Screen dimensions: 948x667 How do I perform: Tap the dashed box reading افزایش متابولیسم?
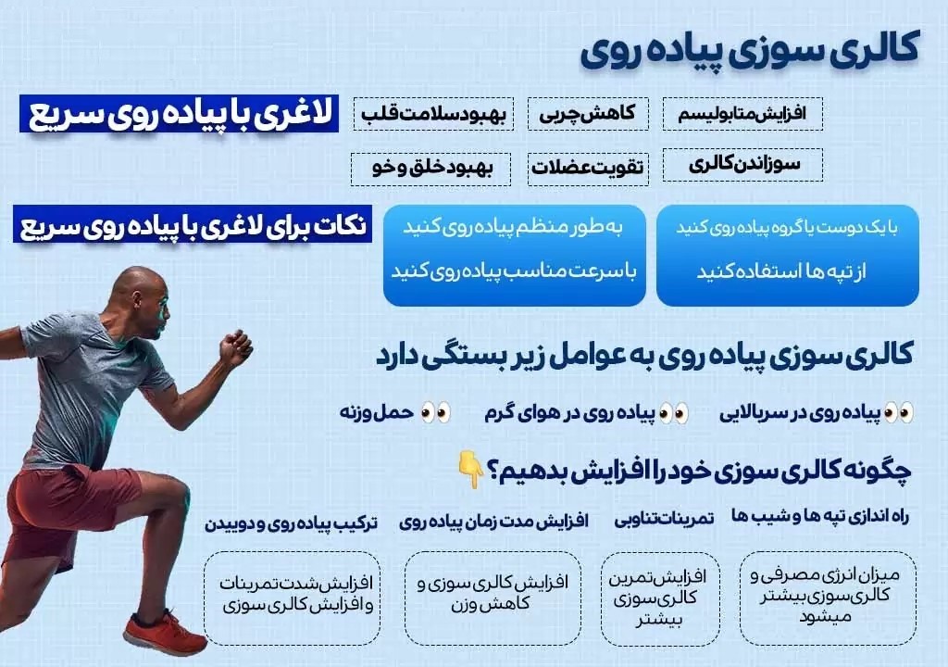pyautogui.click(x=742, y=114)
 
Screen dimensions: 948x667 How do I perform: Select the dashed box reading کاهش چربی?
pyautogui.click(x=588, y=114)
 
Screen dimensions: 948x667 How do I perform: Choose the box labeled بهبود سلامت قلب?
pyautogui.click(x=433, y=114)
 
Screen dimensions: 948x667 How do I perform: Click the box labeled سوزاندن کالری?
pyautogui.click(x=742, y=165)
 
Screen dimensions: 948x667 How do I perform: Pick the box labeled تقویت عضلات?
pyautogui.click(x=588, y=169)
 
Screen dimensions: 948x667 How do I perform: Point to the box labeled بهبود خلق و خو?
pyautogui.click(x=431, y=169)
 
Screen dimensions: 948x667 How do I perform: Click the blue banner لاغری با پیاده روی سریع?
pyautogui.click(x=179, y=113)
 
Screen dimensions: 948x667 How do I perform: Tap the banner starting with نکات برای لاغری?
pyautogui.click(x=193, y=224)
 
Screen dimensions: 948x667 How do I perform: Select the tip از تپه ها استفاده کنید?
pyautogui.click(x=781, y=271)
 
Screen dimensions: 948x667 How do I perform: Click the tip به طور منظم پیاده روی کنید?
pyautogui.click(x=513, y=228)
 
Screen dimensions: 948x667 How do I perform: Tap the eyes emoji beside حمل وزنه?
pyautogui.click(x=436, y=413)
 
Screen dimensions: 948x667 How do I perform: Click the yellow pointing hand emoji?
pyautogui.click(x=471, y=469)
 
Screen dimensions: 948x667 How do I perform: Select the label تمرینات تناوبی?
pyautogui.click(x=664, y=519)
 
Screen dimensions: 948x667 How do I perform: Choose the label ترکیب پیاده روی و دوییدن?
pyautogui.click(x=291, y=522)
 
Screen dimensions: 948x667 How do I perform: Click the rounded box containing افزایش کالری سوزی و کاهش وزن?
pyautogui.click(x=493, y=598)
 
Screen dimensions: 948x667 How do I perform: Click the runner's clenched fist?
pyautogui.click(x=235, y=348)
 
